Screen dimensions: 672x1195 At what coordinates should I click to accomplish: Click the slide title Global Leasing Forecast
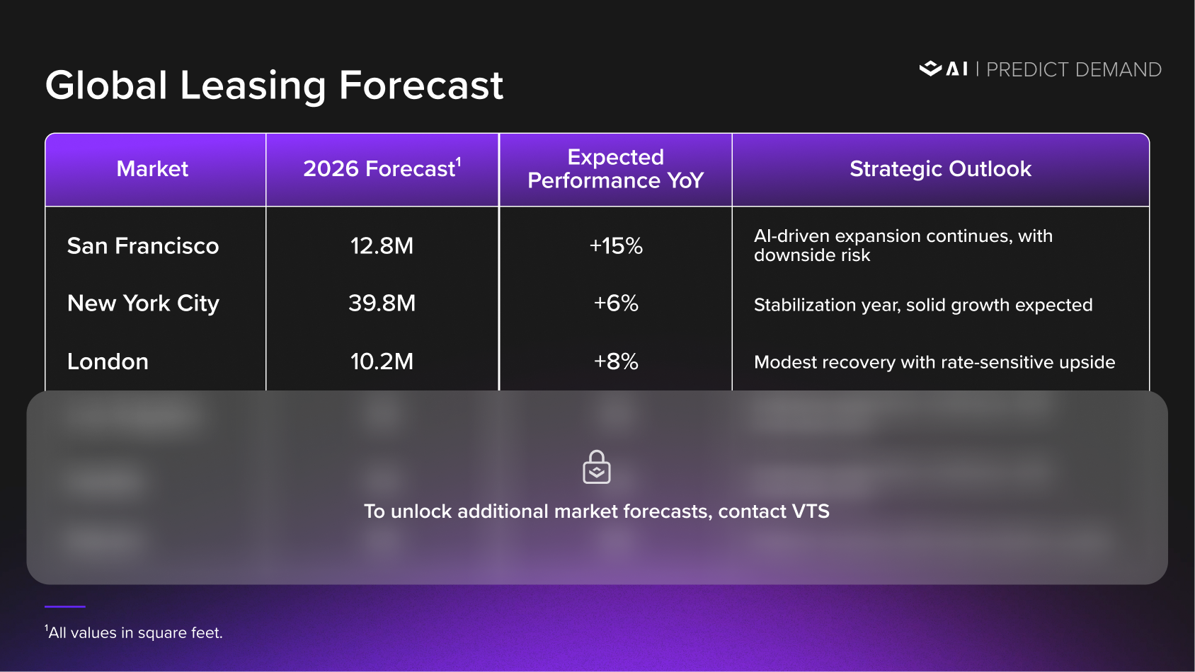[274, 86]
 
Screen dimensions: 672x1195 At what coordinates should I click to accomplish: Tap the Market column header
[152, 169]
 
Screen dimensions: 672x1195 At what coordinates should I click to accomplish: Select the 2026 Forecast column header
[382, 169]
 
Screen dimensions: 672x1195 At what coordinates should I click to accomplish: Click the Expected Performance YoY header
[615, 169]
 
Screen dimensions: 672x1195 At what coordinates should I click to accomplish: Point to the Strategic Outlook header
[940, 169]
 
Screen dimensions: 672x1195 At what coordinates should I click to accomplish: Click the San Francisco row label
[143, 246]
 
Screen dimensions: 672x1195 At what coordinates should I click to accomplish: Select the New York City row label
[143, 303]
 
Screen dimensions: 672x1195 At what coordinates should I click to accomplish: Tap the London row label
[108, 361]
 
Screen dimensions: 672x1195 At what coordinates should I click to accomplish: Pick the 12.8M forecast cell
[382, 246]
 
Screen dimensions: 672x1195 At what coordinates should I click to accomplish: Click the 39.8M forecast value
[382, 303]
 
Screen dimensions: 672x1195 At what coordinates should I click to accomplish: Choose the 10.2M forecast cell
[382, 361]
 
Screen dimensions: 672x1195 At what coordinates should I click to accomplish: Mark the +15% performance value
[616, 246]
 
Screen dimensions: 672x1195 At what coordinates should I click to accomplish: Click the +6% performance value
[616, 303]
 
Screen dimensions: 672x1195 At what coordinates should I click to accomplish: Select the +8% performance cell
[616, 361]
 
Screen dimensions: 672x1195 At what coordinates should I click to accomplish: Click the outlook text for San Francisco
[903, 245]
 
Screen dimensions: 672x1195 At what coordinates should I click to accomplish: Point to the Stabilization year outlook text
[923, 305]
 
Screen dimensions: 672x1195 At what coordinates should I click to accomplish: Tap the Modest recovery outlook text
[934, 362]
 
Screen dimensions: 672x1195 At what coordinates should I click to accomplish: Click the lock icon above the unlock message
[597, 468]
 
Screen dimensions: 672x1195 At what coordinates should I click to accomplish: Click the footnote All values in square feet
[135, 633]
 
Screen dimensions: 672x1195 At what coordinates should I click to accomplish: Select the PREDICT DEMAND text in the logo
[1073, 69]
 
